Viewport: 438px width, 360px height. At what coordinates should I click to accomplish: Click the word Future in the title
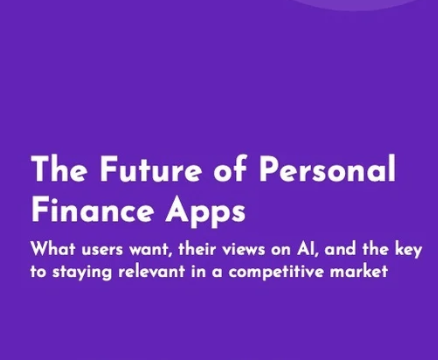(151, 168)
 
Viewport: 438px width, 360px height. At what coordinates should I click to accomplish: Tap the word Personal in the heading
(328, 168)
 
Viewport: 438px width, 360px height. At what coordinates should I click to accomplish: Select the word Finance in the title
(93, 209)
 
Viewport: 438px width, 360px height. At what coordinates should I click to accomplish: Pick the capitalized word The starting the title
(60, 168)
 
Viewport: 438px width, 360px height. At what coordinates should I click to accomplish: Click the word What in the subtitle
(53, 249)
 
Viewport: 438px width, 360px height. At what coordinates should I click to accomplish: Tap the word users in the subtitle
(102, 251)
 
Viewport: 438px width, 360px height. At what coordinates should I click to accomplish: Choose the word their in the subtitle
(197, 249)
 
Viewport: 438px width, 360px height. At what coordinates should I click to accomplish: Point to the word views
(244, 250)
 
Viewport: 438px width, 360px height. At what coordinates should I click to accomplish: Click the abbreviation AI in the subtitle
(304, 250)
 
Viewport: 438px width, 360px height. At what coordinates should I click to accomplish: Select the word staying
(82, 273)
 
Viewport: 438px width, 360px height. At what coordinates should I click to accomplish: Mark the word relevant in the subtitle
(151, 271)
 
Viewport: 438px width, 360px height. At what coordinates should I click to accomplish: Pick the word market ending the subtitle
(359, 271)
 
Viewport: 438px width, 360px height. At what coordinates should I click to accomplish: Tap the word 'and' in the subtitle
(340, 249)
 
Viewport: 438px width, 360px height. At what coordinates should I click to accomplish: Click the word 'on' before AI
(281, 251)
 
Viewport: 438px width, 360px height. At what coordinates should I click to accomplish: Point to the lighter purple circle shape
(360, 4)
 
